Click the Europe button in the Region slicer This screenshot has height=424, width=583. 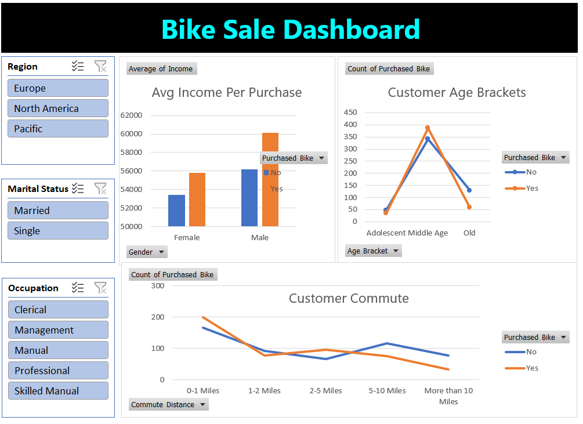(x=57, y=88)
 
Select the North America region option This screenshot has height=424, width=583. (x=57, y=108)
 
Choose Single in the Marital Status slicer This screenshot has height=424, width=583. (x=57, y=231)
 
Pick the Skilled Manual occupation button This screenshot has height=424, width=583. (x=57, y=391)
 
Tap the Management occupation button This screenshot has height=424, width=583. (x=57, y=330)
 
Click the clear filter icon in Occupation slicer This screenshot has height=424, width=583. (x=100, y=288)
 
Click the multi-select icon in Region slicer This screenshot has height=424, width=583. (x=78, y=66)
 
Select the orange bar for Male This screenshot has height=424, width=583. (x=270, y=179)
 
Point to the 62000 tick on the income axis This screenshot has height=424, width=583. (x=131, y=115)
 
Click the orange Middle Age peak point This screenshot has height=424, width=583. (x=428, y=128)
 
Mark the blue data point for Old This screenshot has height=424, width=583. (x=469, y=190)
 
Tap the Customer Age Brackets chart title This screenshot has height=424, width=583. (x=457, y=92)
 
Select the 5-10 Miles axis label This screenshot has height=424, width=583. (x=387, y=391)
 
